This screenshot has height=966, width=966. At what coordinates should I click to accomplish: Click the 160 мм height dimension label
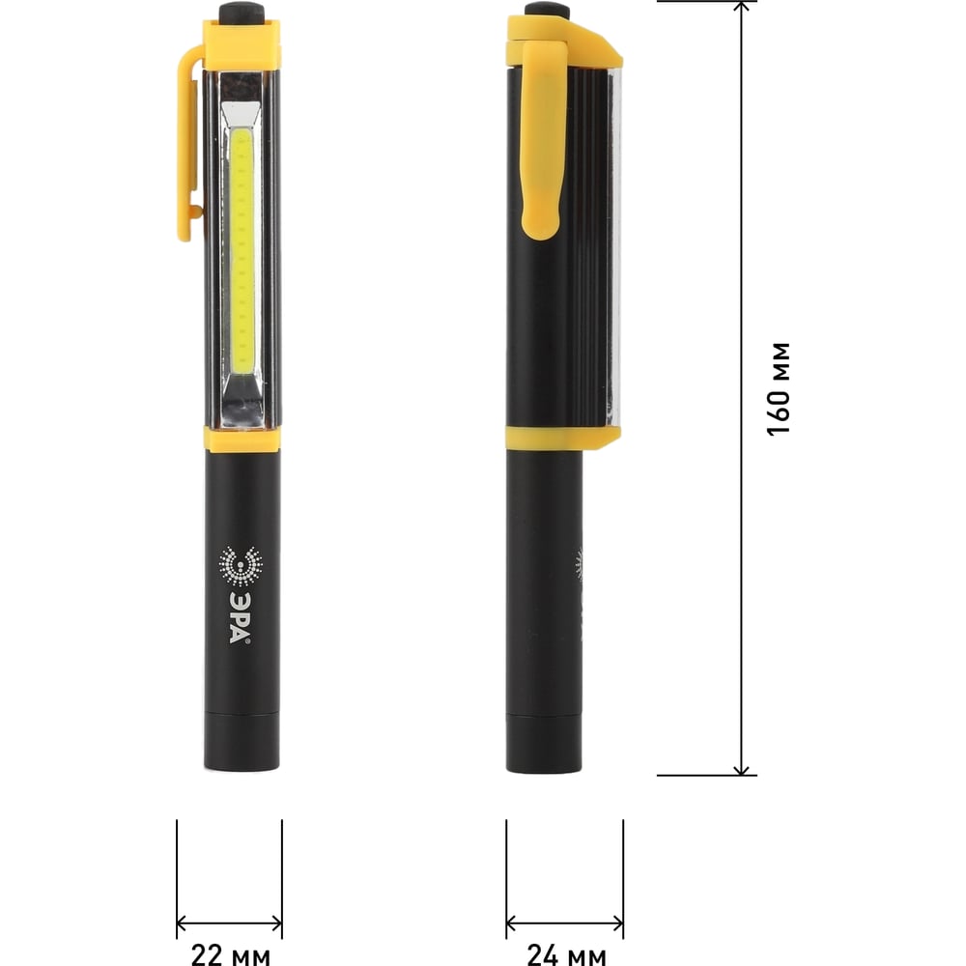click(779, 388)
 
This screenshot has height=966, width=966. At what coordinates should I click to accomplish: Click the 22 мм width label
click(231, 954)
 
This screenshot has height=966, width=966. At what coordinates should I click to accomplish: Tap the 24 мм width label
click(566, 954)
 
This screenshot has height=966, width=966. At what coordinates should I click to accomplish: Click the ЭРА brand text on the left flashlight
click(240, 618)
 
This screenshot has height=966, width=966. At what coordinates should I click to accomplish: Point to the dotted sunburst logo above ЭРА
click(241, 565)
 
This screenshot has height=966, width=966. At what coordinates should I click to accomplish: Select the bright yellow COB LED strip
click(241, 251)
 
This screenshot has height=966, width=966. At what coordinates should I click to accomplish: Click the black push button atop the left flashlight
click(241, 12)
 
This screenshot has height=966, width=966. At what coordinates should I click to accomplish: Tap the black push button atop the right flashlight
click(547, 10)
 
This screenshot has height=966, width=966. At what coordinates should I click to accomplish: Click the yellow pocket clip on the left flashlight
click(189, 143)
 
